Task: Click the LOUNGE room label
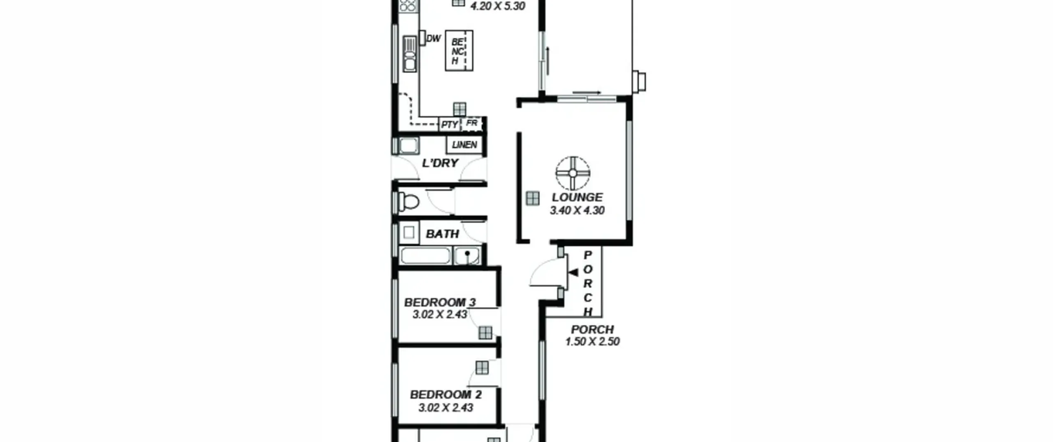(x=577, y=197)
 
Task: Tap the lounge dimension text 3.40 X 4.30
(x=577, y=211)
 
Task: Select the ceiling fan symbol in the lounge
(x=573, y=173)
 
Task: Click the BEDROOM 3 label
(x=440, y=302)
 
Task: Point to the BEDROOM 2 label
(x=446, y=395)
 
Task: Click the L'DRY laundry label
(x=440, y=163)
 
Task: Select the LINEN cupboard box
(x=464, y=145)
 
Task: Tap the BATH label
(x=442, y=234)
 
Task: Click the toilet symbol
(x=408, y=202)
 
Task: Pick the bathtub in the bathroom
(x=425, y=256)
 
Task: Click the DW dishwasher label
(x=434, y=39)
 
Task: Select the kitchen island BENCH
(x=459, y=51)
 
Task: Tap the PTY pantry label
(x=449, y=124)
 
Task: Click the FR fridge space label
(x=471, y=123)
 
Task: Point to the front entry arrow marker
(x=573, y=272)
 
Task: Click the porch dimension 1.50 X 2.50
(x=592, y=342)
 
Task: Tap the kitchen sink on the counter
(x=410, y=54)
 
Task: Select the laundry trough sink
(x=408, y=146)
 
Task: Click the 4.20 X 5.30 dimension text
(x=498, y=6)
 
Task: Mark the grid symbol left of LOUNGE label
(x=533, y=199)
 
